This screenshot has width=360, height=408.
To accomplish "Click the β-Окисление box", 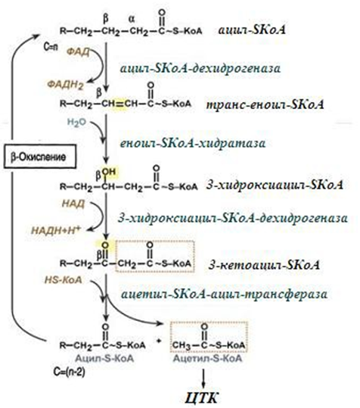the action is coord(40,157).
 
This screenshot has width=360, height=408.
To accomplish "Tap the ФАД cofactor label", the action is coord(78,52).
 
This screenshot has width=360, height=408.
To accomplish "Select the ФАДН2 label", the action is coord(66,85).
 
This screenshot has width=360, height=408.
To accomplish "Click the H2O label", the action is coord(76,123).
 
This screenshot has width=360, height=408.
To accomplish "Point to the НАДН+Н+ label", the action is coord(56,230).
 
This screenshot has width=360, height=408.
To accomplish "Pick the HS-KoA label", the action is coord(64,280).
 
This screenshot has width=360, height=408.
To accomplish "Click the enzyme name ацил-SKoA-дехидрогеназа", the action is coord(200,68).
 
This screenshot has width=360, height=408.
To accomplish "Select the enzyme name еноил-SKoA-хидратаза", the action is coord(193,143).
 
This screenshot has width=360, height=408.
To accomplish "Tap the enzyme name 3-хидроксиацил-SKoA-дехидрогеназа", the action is coord(233,218).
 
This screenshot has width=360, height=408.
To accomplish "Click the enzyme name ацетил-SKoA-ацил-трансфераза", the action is coord(224,294).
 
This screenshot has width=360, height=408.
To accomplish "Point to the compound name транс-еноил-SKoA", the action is coord(265,104).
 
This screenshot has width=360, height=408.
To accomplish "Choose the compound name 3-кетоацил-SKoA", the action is coord(264,265).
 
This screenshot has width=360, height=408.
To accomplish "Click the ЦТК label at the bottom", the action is coord(202,397).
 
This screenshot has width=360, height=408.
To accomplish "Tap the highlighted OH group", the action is coord(109,172).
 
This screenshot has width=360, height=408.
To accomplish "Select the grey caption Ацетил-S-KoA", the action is coord(207,359).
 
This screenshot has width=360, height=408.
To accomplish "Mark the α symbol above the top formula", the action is coord(132,19).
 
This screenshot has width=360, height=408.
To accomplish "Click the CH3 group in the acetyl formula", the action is coord(182,346).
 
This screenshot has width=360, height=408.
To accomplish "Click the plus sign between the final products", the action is coord(159,341).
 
